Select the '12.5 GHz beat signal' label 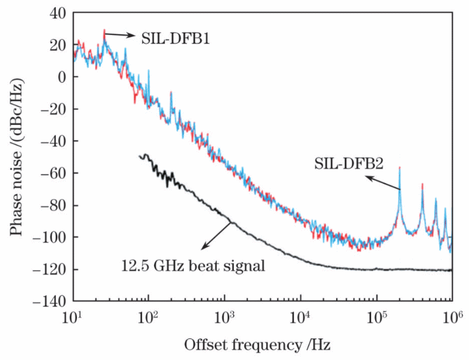(x=193, y=267)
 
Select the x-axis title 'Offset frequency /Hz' (x=257, y=345)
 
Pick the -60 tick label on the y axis (x=53, y=173)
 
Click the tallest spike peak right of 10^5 (x=400, y=167)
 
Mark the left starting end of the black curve (x=140, y=156)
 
